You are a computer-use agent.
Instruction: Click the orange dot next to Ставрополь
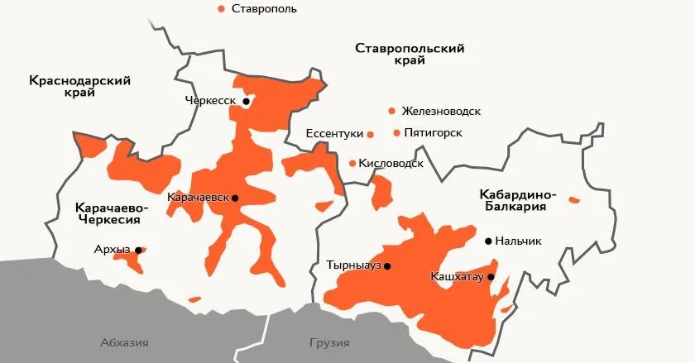(221, 8)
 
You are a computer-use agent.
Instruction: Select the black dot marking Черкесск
(246, 101)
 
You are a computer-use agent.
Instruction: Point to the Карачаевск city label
(198, 198)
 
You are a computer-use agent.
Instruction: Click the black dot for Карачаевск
(235, 198)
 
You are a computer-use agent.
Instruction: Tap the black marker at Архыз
(138, 249)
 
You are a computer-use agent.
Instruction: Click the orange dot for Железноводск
(391, 111)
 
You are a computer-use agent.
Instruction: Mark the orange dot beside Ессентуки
(371, 134)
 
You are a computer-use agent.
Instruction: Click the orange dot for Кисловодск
(353, 164)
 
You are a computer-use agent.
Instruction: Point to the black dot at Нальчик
(488, 241)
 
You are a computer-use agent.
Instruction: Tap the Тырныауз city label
(354, 266)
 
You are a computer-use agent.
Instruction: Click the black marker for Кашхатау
(491, 277)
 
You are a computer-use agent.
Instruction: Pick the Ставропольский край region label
(409, 55)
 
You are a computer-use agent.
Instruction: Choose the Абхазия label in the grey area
(123, 342)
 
